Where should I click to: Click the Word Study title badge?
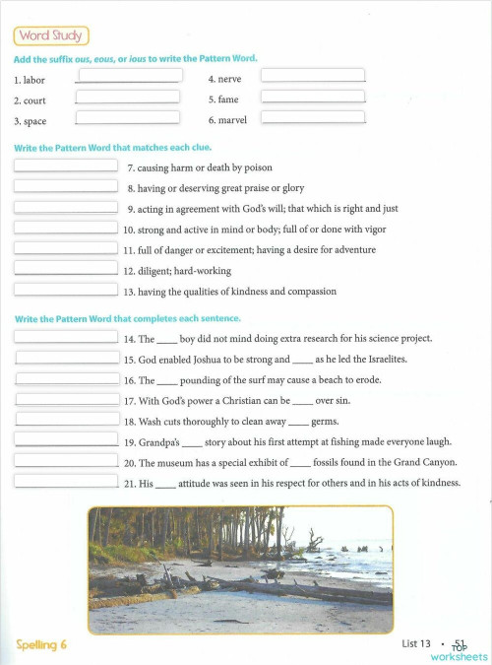coord(50,36)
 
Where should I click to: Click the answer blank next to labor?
coord(129,75)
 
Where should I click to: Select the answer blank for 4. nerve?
coord(313,75)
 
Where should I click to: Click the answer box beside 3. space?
coord(127,118)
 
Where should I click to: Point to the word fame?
coord(229,100)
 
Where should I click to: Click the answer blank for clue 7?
coord(66,165)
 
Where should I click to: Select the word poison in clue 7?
coord(257,168)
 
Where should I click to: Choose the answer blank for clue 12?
coord(66,267)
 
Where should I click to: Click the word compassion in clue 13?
coord(308,292)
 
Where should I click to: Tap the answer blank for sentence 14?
coord(67,336)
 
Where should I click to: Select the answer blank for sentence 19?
coord(67,439)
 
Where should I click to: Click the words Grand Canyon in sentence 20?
coord(426,462)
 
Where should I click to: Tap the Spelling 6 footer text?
coord(41,644)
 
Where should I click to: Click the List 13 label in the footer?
coord(416,643)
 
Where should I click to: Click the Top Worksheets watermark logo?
coord(459,651)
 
